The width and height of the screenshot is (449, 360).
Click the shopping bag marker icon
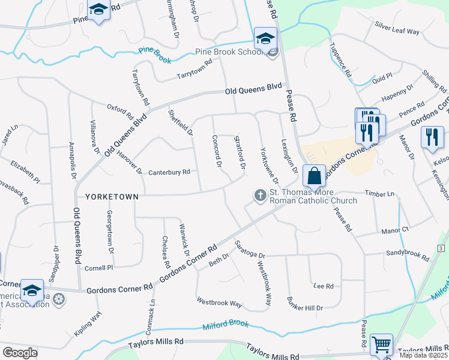(x=314, y=176)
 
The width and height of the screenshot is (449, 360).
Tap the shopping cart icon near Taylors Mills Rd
(x=381, y=345)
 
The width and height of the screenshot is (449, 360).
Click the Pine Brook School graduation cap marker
(x=265, y=38)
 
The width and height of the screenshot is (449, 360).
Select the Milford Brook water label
(x=225, y=324)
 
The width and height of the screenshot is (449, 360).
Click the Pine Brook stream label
(x=155, y=55)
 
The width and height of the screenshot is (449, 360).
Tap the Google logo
(x=20, y=352)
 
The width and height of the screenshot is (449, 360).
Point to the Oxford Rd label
(x=119, y=112)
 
